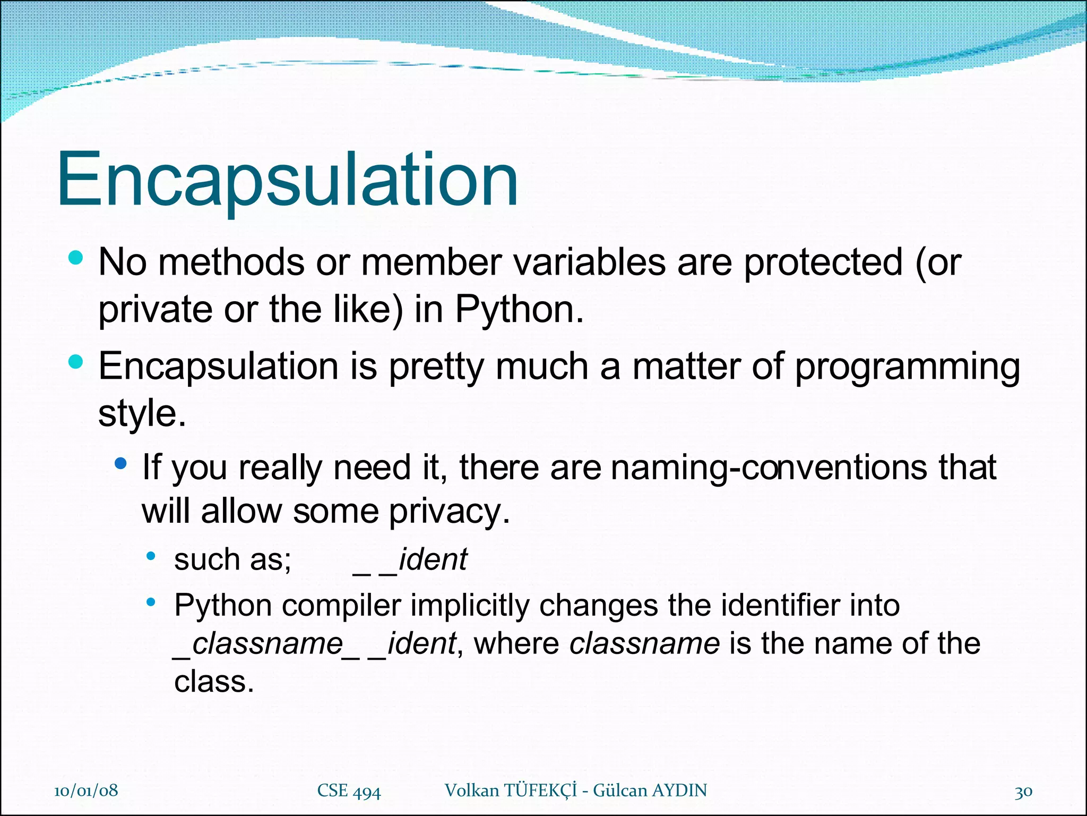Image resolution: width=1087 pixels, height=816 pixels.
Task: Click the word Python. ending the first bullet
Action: (x=519, y=309)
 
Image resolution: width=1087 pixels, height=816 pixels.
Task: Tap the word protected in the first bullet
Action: (x=823, y=262)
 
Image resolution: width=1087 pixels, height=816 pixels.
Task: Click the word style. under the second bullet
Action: (x=142, y=413)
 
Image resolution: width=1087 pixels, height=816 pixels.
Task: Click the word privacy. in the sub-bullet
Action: (x=449, y=512)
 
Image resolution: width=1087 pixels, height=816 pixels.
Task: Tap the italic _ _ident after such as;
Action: (x=410, y=560)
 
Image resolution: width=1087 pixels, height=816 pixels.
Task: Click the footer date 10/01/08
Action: (x=86, y=790)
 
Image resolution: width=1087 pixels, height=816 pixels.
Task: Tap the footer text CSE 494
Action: (x=349, y=790)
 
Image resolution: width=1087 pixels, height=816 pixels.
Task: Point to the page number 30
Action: (x=1023, y=792)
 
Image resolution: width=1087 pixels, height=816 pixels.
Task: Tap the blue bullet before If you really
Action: (x=120, y=463)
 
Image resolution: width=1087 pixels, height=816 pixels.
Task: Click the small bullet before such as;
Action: (x=151, y=556)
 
